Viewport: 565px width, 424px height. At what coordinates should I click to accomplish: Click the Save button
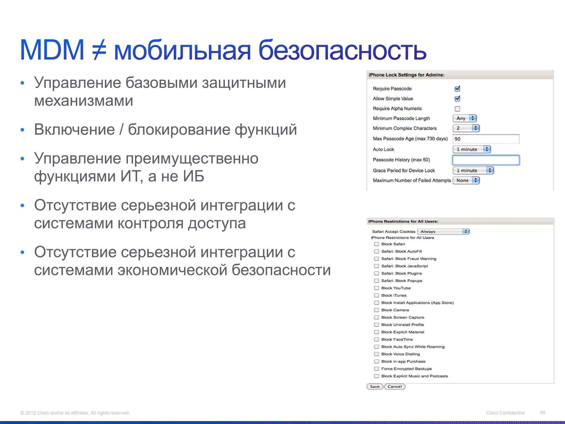[375, 386]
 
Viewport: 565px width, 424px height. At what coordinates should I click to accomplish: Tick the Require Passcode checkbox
[457, 89]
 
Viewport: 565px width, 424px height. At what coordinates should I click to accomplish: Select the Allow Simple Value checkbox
[457, 99]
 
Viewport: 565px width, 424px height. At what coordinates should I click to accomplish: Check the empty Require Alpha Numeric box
[457, 109]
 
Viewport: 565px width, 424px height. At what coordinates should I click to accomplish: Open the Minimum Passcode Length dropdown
[465, 118]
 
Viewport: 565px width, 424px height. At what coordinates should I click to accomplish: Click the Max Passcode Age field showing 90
[486, 139]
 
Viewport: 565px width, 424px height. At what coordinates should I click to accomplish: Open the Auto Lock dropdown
[472, 149]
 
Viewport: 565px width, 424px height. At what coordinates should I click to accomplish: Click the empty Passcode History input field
[486, 160]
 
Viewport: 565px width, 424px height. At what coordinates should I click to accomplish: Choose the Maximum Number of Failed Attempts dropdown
[466, 181]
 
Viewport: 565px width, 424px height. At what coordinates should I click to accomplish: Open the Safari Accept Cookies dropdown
[443, 232]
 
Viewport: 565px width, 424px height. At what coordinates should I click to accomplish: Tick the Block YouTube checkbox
[377, 288]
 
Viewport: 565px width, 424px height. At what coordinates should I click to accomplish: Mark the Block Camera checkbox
[377, 310]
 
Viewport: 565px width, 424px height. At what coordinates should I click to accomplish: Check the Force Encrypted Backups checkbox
[377, 369]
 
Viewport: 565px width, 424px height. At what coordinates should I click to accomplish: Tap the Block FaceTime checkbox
[377, 340]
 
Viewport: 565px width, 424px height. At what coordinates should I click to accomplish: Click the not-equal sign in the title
[99, 50]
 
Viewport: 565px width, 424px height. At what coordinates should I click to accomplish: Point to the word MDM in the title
[52, 50]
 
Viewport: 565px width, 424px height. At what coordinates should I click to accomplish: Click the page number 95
[543, 413]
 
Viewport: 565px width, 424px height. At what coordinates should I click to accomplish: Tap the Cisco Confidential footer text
[505, 413]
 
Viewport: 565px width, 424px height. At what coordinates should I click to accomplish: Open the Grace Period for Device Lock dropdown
[473, 171]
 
